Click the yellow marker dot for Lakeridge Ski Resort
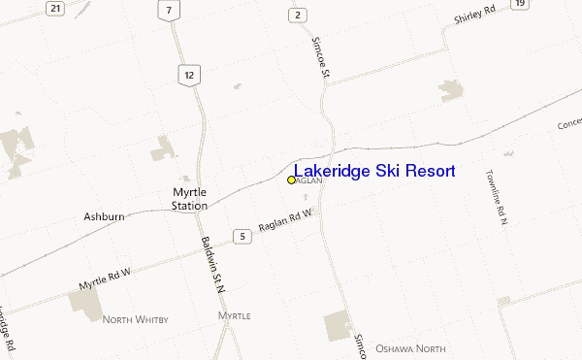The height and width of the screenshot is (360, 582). pos(291,180)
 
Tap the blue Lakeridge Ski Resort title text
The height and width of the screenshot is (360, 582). pos(374,172)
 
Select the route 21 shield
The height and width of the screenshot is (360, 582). pos(56,9)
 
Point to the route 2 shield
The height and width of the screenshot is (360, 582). pos(298,15)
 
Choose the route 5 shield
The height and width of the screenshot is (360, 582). pos(240,236)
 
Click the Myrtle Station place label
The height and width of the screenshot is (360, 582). pos(189,199)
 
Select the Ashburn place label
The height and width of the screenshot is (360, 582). pos(104,216)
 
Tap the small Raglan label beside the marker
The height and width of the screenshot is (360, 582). pos(307,180)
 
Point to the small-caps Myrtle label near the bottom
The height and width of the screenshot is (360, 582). pos(235,316)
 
